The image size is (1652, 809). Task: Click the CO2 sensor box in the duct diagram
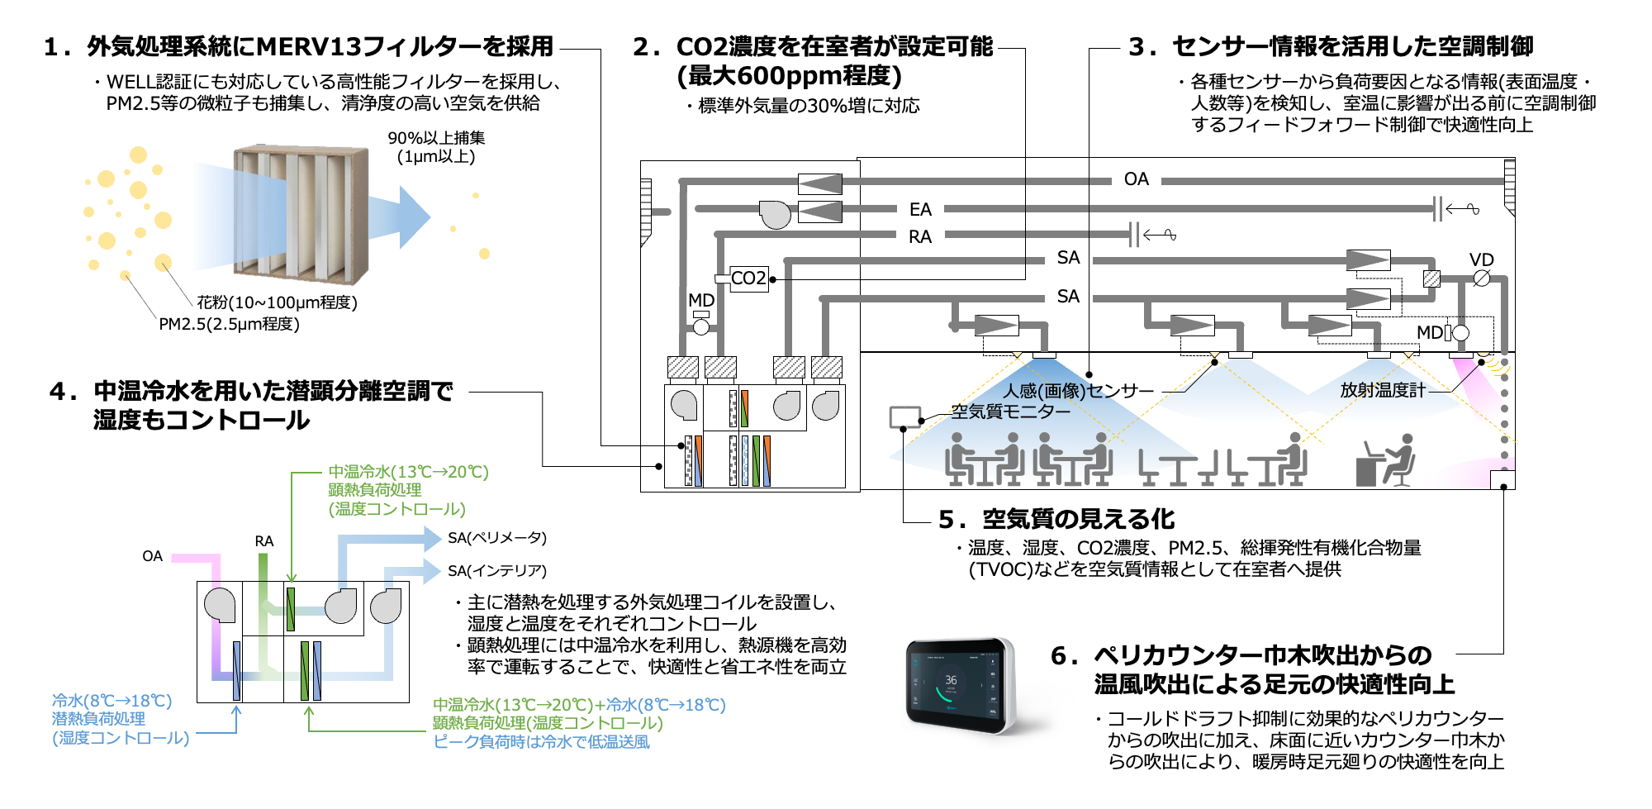coord(748,278)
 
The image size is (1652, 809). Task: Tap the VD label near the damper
coord(1481,260)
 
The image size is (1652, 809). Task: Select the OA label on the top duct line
coord(1136,179)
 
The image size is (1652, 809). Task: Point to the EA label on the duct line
coord(920,210)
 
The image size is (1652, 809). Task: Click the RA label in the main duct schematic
coord(920,237)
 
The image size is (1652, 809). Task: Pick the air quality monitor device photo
coord(959,686)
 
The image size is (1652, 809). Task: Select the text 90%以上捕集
coord(436,138)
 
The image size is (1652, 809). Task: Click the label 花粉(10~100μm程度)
coord(277,302)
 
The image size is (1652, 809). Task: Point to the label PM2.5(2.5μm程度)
coord(229,324)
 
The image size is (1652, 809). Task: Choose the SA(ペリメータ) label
coord(496,538)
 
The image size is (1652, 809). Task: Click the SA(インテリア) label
coord(496,571)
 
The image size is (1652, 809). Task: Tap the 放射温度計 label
coord(1382,390)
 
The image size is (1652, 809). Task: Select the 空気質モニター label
coord(1009,412)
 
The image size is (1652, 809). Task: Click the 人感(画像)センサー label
coord(1078,391)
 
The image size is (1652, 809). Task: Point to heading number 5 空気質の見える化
coord(1057,519)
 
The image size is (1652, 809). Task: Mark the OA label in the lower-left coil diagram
coord(152,556)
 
